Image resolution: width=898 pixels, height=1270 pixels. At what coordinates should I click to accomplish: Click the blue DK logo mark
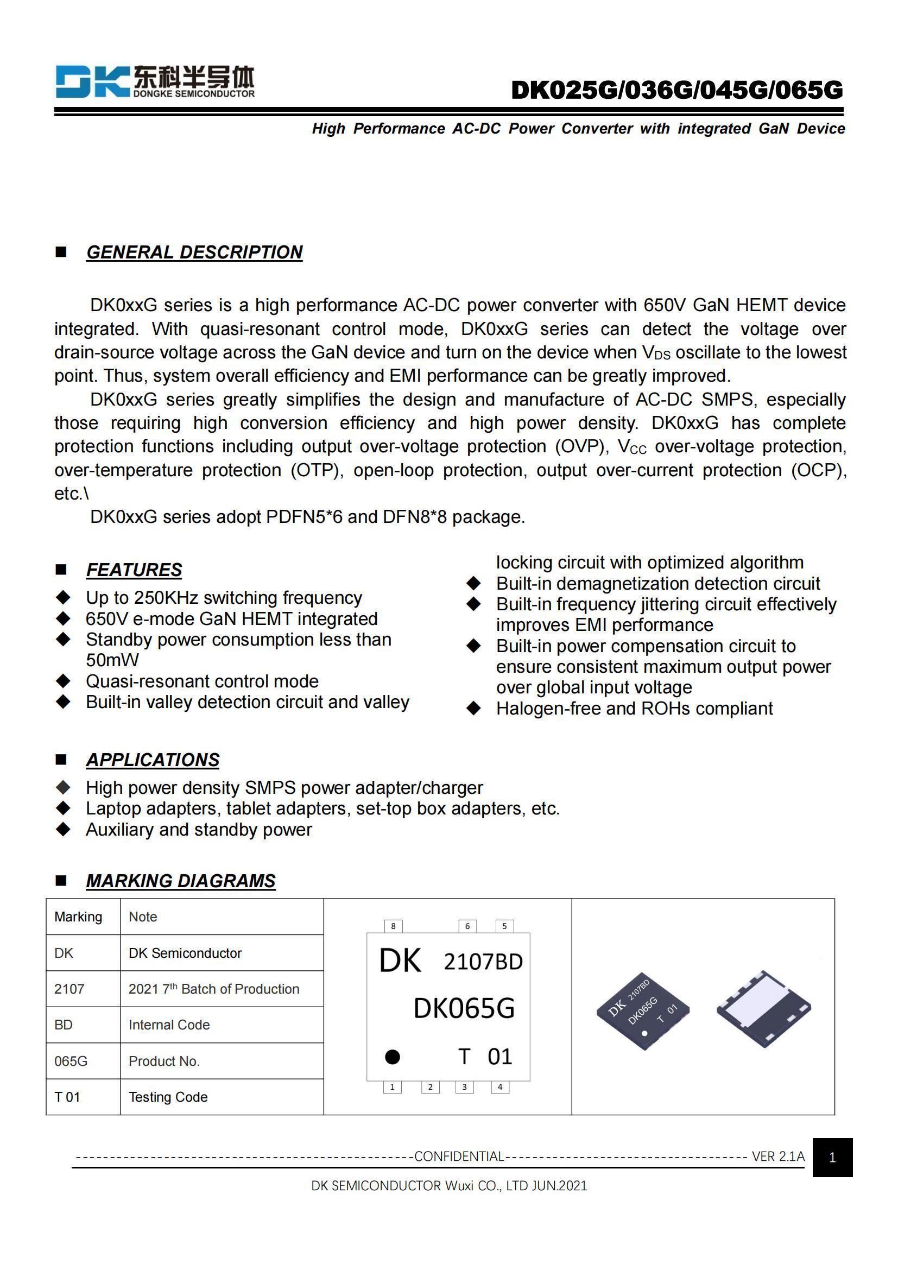[x=92, y=81]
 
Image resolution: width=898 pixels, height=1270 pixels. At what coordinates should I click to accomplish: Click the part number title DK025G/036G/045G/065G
[x=677, y=90]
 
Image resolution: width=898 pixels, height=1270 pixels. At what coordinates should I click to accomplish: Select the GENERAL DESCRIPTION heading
[x=194, y=252]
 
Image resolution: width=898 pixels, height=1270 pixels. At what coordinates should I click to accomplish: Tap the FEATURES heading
[x=134, y=570]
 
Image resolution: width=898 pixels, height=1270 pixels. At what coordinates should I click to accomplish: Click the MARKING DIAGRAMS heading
[x=180, y=881]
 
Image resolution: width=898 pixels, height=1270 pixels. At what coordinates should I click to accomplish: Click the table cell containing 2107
[x=83, y=988]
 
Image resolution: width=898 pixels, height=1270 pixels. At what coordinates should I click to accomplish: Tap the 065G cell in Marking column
[x=83, y=1061]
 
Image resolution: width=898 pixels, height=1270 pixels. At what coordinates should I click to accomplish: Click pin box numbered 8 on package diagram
[x=393, y=926]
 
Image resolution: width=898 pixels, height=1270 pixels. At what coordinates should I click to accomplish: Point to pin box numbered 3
[x=465, y=1087]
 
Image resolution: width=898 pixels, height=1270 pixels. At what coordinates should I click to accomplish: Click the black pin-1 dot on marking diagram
[x=392, y=1057]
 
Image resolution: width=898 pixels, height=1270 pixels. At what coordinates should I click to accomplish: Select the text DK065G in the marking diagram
[x=464, y=1008]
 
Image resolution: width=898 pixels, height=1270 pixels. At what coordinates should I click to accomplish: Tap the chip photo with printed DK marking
[x=642, y=1010]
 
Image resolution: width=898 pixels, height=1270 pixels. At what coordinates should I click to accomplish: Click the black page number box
[x=832, y=1157]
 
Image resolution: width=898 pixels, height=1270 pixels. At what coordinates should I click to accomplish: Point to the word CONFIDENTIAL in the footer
[x=459, y=1156]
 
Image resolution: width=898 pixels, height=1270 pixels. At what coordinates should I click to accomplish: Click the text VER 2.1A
[x=777, y=1156]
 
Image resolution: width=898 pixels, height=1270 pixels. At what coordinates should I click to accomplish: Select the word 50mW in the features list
[x=112, y=660]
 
